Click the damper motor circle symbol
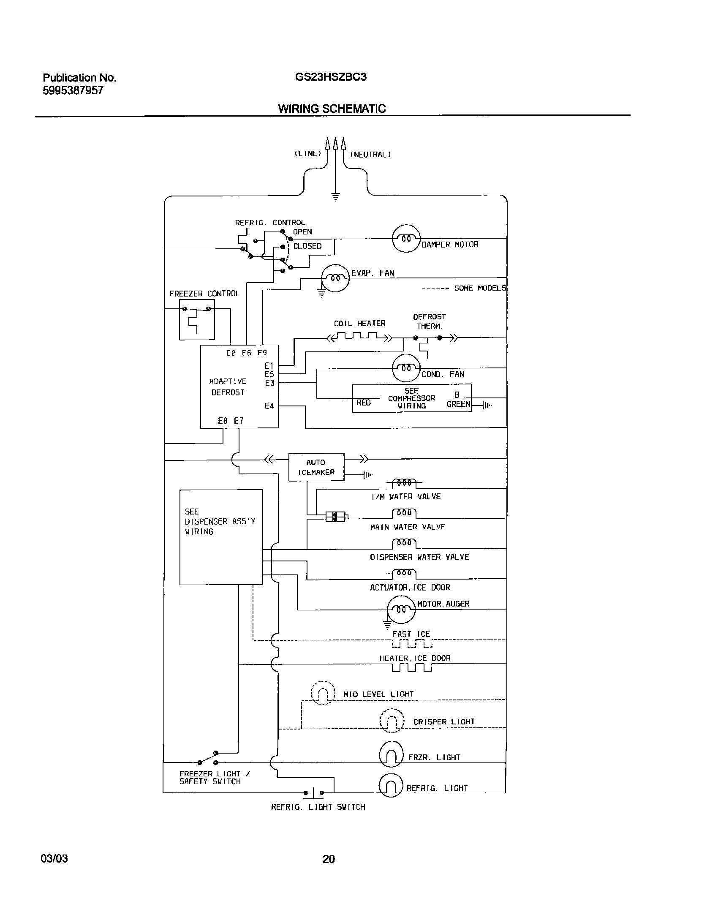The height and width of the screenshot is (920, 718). [406, 238]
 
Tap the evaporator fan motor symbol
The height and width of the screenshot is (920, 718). [335, 278]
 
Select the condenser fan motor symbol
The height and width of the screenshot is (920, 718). [406, 368]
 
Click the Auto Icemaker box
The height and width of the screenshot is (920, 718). [316, 467]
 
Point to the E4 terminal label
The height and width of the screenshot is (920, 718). [269, 406]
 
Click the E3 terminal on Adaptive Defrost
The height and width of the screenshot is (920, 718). [270, 383]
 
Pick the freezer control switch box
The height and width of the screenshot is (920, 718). [197, 319]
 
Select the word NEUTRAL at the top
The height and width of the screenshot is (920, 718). [370, 155]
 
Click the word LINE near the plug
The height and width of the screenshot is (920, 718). [307, 154]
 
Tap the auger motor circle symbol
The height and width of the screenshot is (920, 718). [401, 609]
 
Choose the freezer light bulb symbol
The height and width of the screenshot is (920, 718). [391, 754]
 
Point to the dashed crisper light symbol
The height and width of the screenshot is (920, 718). [392, 721]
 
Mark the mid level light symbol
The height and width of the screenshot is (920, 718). [323, 693]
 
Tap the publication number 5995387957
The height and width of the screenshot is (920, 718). [73, 90]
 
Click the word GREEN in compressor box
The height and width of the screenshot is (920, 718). [458, 404]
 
